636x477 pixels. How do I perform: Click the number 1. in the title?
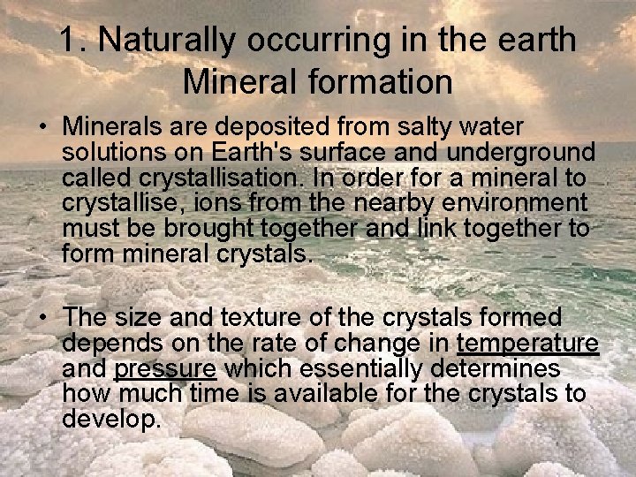pyautogui.click(x=74, y=40)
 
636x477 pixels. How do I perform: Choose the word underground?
pyautogui.click(x=521, y=153)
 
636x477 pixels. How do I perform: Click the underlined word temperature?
pyautogui.click(x=527, y=343)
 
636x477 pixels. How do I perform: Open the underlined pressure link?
pyautogui.click(x=165, y=368)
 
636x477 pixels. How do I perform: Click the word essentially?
pyautogui.click(x=368, y=368)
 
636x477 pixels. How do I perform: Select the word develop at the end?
pyautogui.click(x=111, y=419)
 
